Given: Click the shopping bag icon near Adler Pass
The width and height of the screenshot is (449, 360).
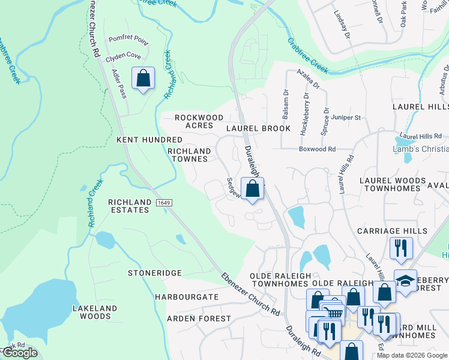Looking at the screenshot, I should point(143,78).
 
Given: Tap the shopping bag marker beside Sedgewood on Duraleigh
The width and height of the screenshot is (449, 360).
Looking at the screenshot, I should point(253,188).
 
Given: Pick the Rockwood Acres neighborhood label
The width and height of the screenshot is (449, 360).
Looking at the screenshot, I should point(199,121).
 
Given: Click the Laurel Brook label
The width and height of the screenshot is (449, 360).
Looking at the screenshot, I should point(258,128).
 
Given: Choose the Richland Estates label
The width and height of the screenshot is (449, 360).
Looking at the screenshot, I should point(129,206).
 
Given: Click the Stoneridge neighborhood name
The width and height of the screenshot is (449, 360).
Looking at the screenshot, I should point(155,273).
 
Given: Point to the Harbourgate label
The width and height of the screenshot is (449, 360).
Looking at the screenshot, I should point(186,297).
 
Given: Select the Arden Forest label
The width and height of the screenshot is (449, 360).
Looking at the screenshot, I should point(199,319).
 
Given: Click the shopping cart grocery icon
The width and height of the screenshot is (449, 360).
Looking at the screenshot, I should point(334,313).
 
